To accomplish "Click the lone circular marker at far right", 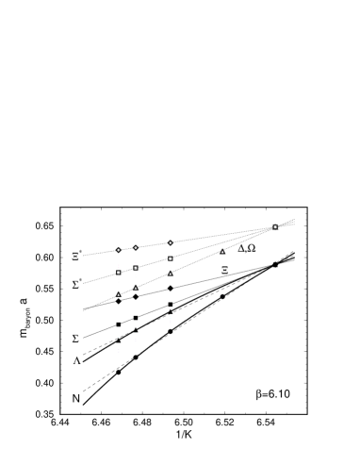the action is click(x=275, y=226).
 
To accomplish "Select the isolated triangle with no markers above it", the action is click(x=222, y=251).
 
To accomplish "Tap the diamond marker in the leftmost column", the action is click(x=119, y=250).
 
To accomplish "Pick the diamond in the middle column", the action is click(x=136, y=248).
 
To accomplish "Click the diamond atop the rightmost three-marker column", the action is click(x=171, y=242).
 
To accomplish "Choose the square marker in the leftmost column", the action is click(x=119, y=273).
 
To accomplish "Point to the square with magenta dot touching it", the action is click(x=136, y=268).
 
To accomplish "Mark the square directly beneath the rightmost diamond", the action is click(x=171, y=258).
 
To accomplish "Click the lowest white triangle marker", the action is click(x=119, y=293).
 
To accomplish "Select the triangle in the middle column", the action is click(x=136, y=287).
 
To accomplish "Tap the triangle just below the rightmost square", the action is click(x=171, y=273).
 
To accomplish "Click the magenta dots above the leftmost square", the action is click(x=119, y=265).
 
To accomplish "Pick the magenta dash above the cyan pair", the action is click(x=171, y=308).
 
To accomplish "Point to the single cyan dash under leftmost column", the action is click(x=119, y=337).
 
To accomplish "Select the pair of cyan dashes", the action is click(x=171, y=316).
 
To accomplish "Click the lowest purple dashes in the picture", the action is click(x=119, y=350).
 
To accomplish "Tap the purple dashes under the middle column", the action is click(x=136, y=340).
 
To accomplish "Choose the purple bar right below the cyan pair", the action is click(x=171, y=323).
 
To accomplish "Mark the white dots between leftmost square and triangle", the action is click(x=119, y=281).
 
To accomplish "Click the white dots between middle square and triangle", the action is click(x=136, y=276).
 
